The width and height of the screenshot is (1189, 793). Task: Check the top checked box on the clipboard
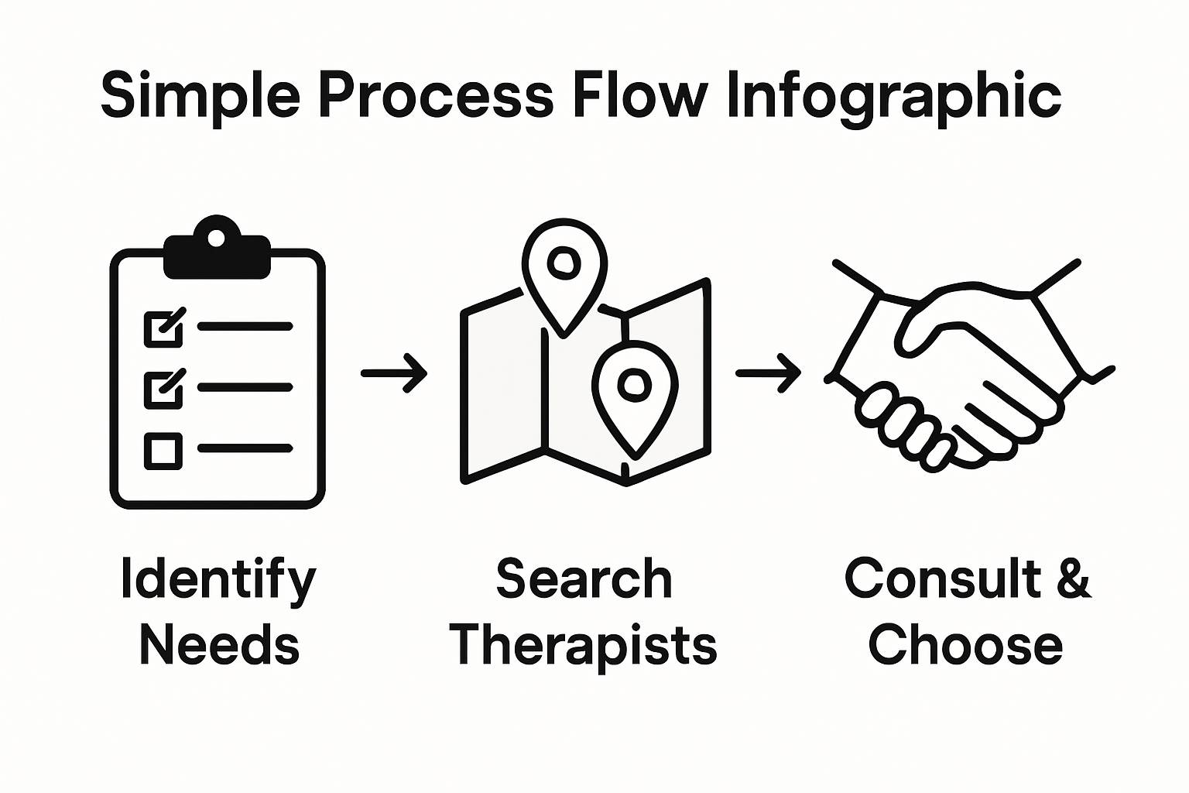(163, 328)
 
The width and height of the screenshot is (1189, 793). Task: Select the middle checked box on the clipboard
(163, 389)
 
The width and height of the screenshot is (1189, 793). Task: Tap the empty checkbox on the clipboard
(163, 450)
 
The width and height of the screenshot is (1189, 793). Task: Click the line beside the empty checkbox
(245, 448)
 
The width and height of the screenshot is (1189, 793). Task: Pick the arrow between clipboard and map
(394, 373)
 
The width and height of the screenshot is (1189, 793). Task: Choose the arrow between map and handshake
(768, 373)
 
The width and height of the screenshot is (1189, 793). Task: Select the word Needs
(219, 646)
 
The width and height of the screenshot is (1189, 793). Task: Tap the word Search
(584, 579)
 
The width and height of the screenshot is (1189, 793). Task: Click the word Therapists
(584, 646)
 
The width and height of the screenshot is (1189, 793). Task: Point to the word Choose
(965, 646)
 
